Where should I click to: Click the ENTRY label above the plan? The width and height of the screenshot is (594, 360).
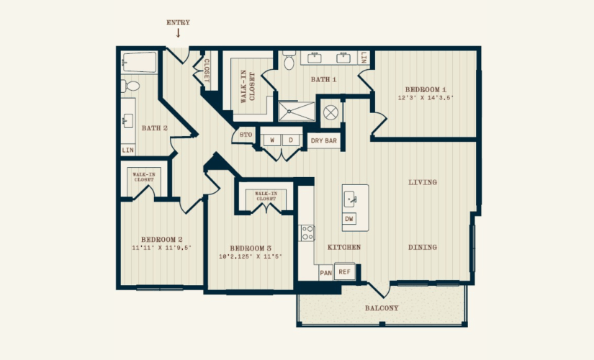click(178, 22)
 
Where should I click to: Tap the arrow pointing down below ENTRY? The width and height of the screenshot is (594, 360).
click(178, 33)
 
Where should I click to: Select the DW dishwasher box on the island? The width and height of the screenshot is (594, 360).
click(349, 219)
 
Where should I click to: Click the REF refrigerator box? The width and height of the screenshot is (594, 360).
click(344, 271)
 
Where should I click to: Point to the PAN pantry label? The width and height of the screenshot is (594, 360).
click(325, 273)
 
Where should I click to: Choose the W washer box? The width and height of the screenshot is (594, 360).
click(272, 140)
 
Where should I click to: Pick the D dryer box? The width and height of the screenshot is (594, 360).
click(291, 140)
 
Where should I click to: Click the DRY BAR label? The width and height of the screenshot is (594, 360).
click(323, 140)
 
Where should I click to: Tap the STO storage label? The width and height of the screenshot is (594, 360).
click(246, 135)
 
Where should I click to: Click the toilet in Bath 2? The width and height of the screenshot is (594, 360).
click(130, 86)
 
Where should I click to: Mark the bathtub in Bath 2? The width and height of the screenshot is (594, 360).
click(139, 62)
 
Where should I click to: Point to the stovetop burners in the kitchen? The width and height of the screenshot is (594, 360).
click(307, 233)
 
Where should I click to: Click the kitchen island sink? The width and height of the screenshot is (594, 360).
click(351, 199)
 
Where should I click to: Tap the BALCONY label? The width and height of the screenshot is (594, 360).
click(382, 308)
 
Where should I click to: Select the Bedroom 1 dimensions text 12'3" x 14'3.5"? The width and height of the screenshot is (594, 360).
click(426, 98)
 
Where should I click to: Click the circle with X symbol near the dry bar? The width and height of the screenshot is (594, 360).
click(330, 112)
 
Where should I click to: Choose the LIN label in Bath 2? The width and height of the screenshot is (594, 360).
click(128, 150)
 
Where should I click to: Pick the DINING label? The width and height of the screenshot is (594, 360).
click(423, 247)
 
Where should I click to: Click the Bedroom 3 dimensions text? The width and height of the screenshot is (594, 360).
click(251, 256)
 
